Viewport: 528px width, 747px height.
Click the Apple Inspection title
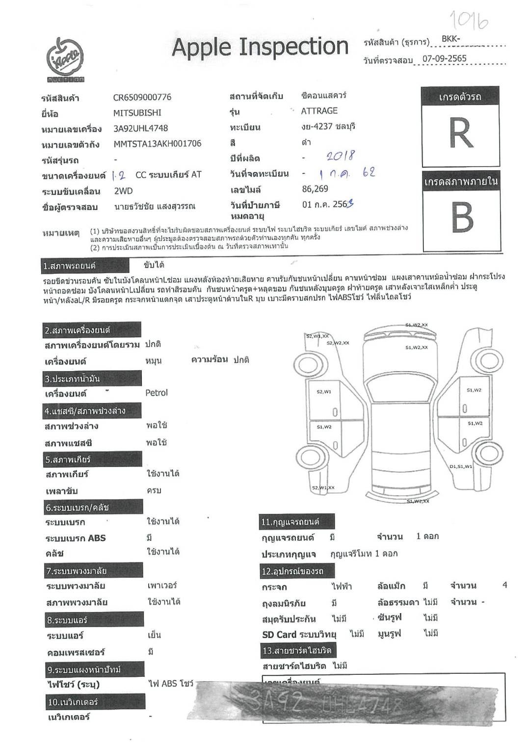(x=260, y=47)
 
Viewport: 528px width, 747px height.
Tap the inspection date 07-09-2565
(x=444, y=58)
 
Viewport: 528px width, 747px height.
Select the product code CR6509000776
(x=142, y=97)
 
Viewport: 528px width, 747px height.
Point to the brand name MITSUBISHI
(x=137, y=113)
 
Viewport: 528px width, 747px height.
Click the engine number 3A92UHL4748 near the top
(x=140, y=128)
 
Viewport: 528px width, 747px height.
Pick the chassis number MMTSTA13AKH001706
(x=157, y=144)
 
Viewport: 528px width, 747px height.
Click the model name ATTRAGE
(x=319, y=111)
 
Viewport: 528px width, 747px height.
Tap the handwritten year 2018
(x=341, y=156)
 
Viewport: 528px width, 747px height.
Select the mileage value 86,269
(x=315, y=189)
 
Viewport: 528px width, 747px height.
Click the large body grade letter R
(x=461, y=133)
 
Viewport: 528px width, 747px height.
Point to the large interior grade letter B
(x=462, y=217)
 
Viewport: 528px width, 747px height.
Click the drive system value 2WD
(x=123, y=191)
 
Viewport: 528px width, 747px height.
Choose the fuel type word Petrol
(x=157, y=393)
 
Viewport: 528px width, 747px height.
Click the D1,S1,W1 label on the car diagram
(x=460, y=466)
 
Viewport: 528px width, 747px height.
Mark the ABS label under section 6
(x=97, y=538)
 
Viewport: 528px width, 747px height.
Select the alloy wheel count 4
(x=504, y=585)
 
